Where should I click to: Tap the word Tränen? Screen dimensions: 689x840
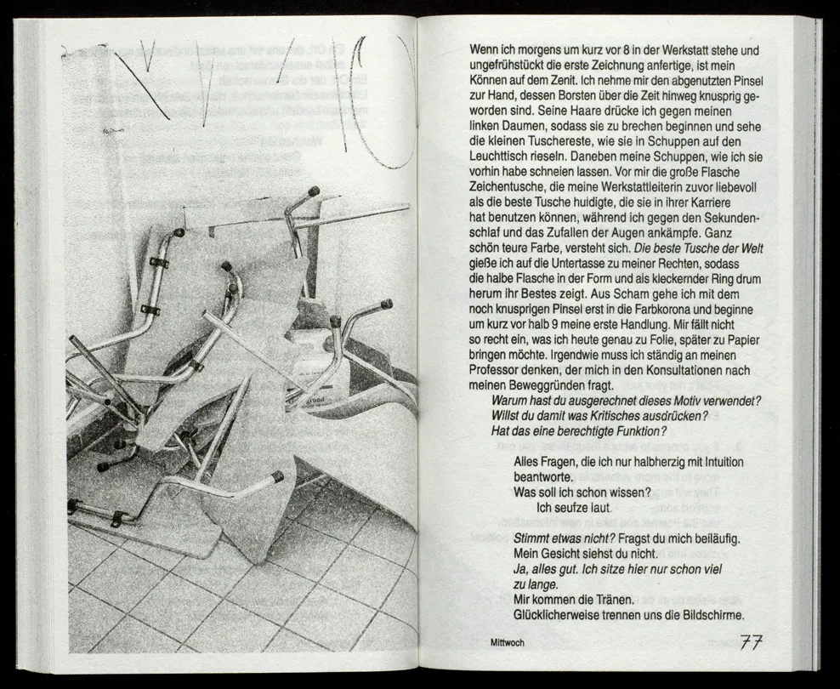(610, 600)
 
